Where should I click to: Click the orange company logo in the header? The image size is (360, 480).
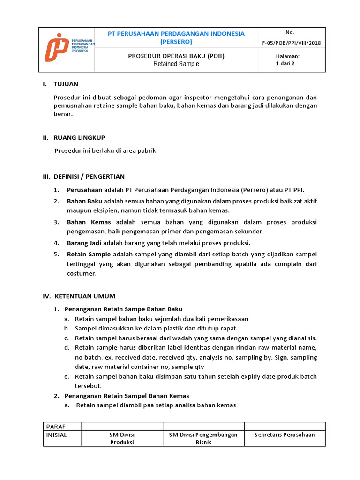pyautogui.click(x=56, y=47)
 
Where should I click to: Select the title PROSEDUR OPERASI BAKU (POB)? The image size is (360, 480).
pyautogui.click(x=176, y=56)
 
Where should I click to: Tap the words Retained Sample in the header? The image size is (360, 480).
pyautogui.click(x=176, y=64)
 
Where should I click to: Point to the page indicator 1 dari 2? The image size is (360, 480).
pyautogui.click(x=285, y=64)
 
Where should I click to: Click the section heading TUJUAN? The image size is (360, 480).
pyautogui.click(x=67, y=84)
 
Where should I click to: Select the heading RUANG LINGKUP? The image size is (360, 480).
pyautogui.click(x=80, y=137)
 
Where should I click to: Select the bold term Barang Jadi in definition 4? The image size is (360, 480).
pyautogui.click(x=84, y=243)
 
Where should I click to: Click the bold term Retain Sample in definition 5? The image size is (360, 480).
pyautogui.click(x=89, y=254)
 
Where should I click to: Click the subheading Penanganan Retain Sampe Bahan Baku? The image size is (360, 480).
pyautogui.click(x=123, y=309)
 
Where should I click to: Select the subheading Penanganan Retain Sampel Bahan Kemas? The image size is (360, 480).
pyautogui.click(x=127, y=396)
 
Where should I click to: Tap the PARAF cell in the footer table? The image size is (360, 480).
pyautogui.click(x=55, y=426)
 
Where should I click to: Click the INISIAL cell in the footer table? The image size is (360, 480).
pyautogui.click(x=57, y=435)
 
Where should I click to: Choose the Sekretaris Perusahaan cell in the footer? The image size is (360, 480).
pyautogui.click(x=285, y=435)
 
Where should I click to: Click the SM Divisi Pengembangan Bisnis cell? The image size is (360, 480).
pyautogui.click(x=203, y=438)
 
